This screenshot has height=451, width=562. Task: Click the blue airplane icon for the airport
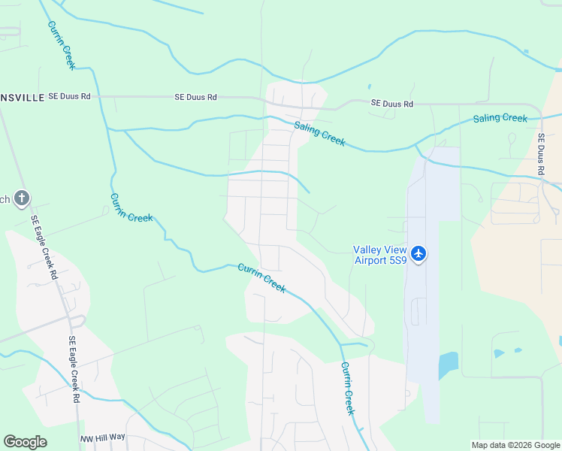point(418,254)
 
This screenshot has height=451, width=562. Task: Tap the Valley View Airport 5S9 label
point(380,255)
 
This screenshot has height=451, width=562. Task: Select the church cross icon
point(23,198)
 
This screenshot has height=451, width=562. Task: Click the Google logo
point(25,442)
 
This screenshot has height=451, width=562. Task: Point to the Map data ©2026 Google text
point(515,445)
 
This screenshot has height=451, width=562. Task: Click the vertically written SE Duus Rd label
point(540,155)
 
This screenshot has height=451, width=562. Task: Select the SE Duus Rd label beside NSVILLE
point(69,96)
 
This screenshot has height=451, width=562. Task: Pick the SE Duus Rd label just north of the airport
point(392,104)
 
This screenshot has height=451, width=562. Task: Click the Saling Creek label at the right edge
point(500,118)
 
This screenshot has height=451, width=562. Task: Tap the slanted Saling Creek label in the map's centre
point(319,134)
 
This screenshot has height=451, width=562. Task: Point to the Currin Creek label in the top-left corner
point(62,45)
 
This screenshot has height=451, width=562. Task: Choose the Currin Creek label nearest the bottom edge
point(347,389)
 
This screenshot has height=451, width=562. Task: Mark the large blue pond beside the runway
point(449,366)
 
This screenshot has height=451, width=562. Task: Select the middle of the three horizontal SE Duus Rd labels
point(195,97)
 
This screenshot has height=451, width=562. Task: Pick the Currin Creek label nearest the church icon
point(131,207)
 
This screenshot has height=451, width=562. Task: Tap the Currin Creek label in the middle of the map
point(261,278)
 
